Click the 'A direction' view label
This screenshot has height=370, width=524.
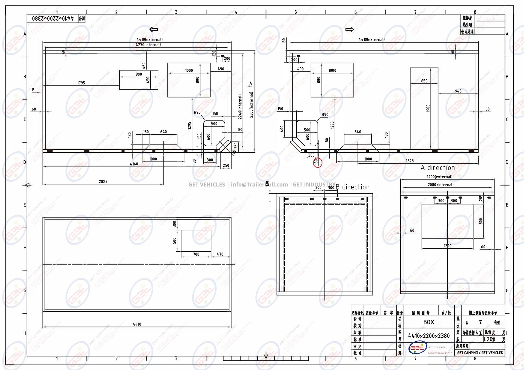(438, 168)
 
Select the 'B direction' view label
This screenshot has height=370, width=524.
(353, 187)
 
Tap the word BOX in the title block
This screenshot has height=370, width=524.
(429, 322)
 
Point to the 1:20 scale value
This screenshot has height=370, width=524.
(488, 339)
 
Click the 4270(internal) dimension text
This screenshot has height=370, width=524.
(148, 45)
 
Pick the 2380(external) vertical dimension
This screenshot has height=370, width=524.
(251, 105)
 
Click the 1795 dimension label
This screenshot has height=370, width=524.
(81, 83)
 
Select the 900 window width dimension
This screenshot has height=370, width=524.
(139, 74)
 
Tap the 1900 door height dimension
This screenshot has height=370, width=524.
(428, 108)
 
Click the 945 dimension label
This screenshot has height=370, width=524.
(458, 91)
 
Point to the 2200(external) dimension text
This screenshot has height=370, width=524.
(439, 177)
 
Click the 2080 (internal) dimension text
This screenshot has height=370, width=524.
(440, 185)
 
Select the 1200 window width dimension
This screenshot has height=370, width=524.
(448, 246)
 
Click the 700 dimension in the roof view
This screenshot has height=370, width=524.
(196, 254)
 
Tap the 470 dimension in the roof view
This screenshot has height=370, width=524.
(220, 254)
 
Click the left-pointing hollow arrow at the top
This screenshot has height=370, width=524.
(154, 29)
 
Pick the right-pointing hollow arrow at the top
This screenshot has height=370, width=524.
(350, 29)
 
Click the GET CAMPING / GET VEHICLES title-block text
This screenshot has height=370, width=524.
(480, 353)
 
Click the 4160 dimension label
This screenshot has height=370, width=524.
(134, 164)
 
